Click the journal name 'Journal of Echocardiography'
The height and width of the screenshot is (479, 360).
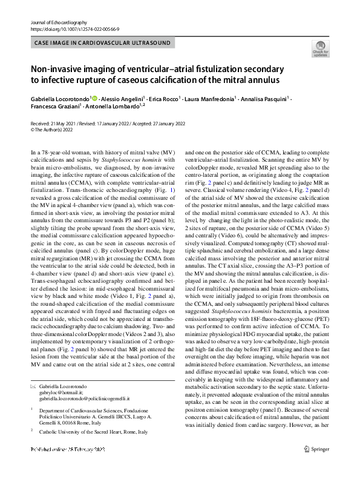point(59,22)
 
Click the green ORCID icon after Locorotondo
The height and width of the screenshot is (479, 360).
point(94,97)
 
